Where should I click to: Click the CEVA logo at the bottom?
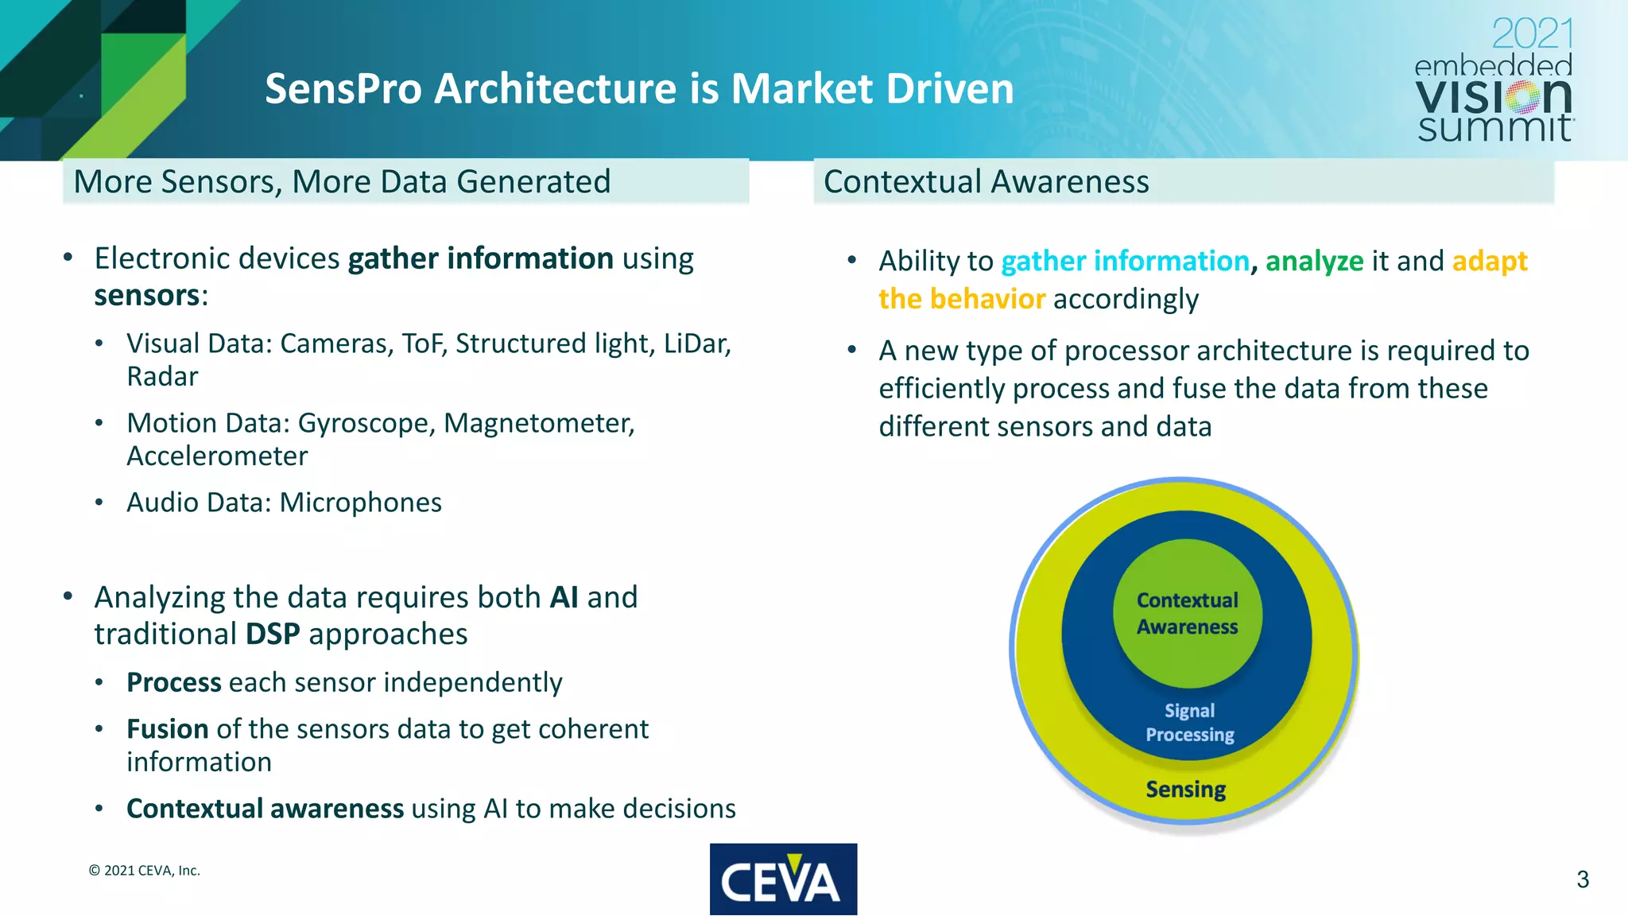coord(783,879)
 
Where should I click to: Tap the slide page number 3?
coord(1582,879)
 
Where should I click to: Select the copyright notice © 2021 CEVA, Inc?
coord(144,871)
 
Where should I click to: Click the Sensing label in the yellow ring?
coord(1185,789)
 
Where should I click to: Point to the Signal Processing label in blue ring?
coord(1189,722)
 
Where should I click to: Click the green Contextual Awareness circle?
coord(1187,613)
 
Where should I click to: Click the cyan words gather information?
coord(1125,261)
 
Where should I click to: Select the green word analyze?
coord(1314,261)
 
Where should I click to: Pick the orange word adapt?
coord(1489,261)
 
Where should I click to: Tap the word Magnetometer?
coord(538,423)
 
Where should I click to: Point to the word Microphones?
coord(361,503)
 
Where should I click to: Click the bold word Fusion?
coord(167,729)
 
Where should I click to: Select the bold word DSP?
coord(273,635)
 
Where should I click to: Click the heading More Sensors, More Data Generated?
coord(342,181)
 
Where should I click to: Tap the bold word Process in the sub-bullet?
coord(173,682)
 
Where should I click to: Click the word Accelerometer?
coord(217,456)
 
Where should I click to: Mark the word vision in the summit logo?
coord(1493,97)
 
